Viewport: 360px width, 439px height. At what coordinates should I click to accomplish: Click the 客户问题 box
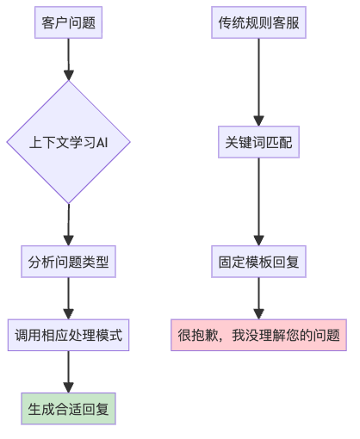point(68,22)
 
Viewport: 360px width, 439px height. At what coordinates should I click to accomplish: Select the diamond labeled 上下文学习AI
point(68,142)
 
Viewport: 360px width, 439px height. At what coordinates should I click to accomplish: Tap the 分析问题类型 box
point(68,262)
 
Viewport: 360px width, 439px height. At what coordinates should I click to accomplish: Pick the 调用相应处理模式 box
point(68,335)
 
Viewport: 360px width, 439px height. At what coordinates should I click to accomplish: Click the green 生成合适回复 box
point(68,409)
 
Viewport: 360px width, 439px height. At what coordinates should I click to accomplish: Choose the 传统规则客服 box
point(258,22)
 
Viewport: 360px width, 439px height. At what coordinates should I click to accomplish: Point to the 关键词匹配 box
point(258,142)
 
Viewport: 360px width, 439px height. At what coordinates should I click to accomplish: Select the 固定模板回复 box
point(258,262)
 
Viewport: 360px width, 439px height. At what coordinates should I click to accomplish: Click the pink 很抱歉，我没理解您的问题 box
point(258,335)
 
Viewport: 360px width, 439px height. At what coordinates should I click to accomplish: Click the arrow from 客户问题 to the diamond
point(68,59)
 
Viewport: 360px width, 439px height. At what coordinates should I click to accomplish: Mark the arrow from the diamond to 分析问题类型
point(68,225)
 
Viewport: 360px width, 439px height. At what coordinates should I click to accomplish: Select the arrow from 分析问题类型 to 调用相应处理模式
point(68,299)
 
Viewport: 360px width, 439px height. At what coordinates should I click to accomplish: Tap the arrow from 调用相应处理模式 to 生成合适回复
point(68,372)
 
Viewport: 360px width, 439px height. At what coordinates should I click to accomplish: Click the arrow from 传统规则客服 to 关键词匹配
point(258,82)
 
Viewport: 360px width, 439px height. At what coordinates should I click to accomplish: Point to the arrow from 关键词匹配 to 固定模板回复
point(258,201)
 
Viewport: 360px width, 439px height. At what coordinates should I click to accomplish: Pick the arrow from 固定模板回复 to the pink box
point(258,299)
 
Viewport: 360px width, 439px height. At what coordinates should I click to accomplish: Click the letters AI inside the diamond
point(102,142)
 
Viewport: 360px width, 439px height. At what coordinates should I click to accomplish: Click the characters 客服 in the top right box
point(286,22)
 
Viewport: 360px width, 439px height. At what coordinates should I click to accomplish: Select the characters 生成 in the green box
point(41,409)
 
